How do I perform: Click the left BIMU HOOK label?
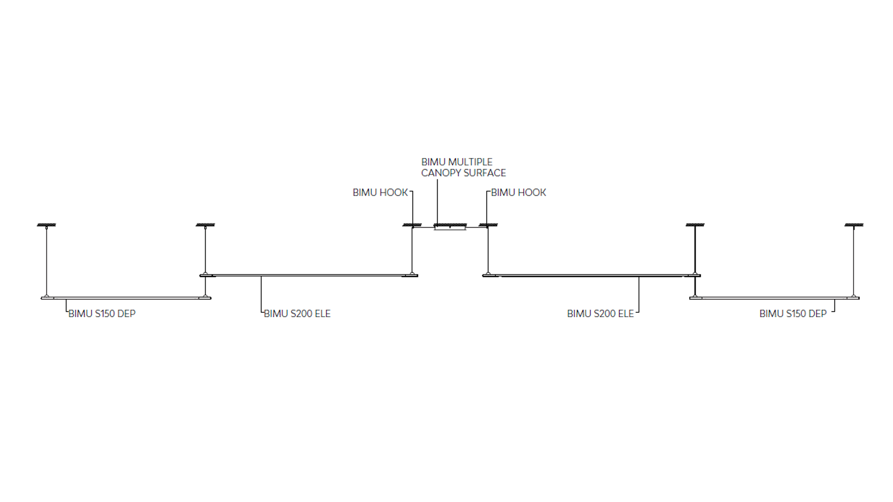click(380, 192)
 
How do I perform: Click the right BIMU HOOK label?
click(519, 192)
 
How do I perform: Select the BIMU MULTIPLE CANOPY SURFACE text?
click(463, 167)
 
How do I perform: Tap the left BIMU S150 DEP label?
click(102, 314)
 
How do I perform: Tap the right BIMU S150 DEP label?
click(793, 314)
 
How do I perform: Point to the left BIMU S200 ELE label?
click(297, 314)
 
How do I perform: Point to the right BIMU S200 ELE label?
click(600, 314)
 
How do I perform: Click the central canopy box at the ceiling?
click(450, 228)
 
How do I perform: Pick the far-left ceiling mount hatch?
click(47, 225)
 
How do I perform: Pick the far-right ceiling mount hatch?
click(854, 225)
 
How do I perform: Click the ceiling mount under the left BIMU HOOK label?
click(412, 225)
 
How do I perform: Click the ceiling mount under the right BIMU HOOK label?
click(488, 225)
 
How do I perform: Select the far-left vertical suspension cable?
click(47, 261)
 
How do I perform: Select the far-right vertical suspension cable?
click(853, 261)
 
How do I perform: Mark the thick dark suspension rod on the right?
click(695, 261)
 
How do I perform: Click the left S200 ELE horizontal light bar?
click(309, 276)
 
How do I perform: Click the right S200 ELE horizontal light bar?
click(592, 276)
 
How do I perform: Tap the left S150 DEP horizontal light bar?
click(126, 298)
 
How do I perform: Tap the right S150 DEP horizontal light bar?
click(774, 298)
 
